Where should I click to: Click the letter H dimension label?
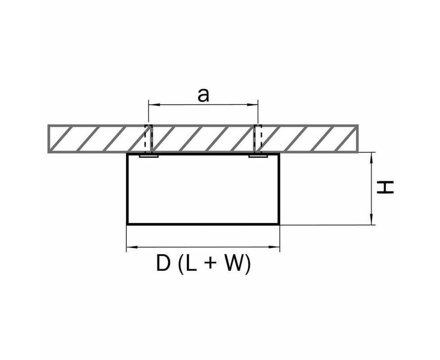[x=385, y=187]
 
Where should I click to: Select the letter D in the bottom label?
[x=163, y=264]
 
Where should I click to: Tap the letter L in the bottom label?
[x=191, y=264]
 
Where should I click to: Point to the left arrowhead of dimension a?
[x=154, y=105]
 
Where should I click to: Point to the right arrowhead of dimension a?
[x=252, y=105]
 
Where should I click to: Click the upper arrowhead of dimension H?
[x=372, y=158]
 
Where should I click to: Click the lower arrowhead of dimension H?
[x=372, y=219]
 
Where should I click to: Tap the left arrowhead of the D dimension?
[x=132, y=247]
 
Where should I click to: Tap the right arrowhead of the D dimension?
[x=274, y=247]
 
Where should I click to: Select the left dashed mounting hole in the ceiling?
[x=148, y=139]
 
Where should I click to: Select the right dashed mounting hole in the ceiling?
[x=258, y=139]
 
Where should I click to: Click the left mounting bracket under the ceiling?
[x=149, y=155]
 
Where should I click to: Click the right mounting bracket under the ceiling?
[x=258, y=155]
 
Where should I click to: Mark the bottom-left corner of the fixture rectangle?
[x=127, y=224]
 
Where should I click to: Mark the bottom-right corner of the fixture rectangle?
[x=279, y=224]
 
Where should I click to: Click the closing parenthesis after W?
[x=247, y=264]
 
